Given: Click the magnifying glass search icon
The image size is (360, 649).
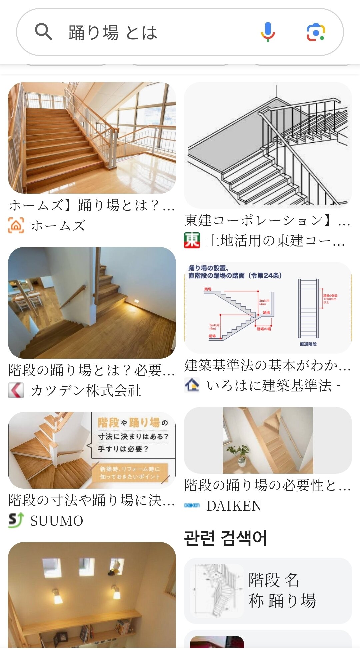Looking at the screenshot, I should coord(44,32).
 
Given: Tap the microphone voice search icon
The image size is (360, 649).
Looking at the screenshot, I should coord(268,32).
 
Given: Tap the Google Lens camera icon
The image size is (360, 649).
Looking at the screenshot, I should coord(316,32).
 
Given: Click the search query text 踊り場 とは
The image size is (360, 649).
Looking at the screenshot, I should coord(113,33).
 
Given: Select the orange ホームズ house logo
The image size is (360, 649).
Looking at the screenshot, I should coord(16,225).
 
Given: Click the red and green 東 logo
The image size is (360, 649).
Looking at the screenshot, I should coord(192,240).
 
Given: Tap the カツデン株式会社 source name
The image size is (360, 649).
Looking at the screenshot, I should coord(86,391).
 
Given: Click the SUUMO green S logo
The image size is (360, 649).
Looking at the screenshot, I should coord(16,520).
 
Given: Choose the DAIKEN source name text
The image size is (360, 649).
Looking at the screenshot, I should coord(234,506).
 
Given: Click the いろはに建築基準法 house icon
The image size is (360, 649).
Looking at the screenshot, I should coord(192,385).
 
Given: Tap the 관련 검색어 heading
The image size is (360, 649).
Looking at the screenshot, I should coord(225,538).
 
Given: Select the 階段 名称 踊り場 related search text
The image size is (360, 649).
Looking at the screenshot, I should coord(282,590).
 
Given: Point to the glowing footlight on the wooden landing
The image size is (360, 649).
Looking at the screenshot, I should coord(136,301).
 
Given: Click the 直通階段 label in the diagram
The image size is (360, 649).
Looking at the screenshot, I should coord(308,344).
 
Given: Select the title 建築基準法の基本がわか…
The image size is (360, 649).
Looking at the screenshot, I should coord(267,365).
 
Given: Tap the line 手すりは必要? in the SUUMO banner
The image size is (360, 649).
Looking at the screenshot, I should coord(123,449).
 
